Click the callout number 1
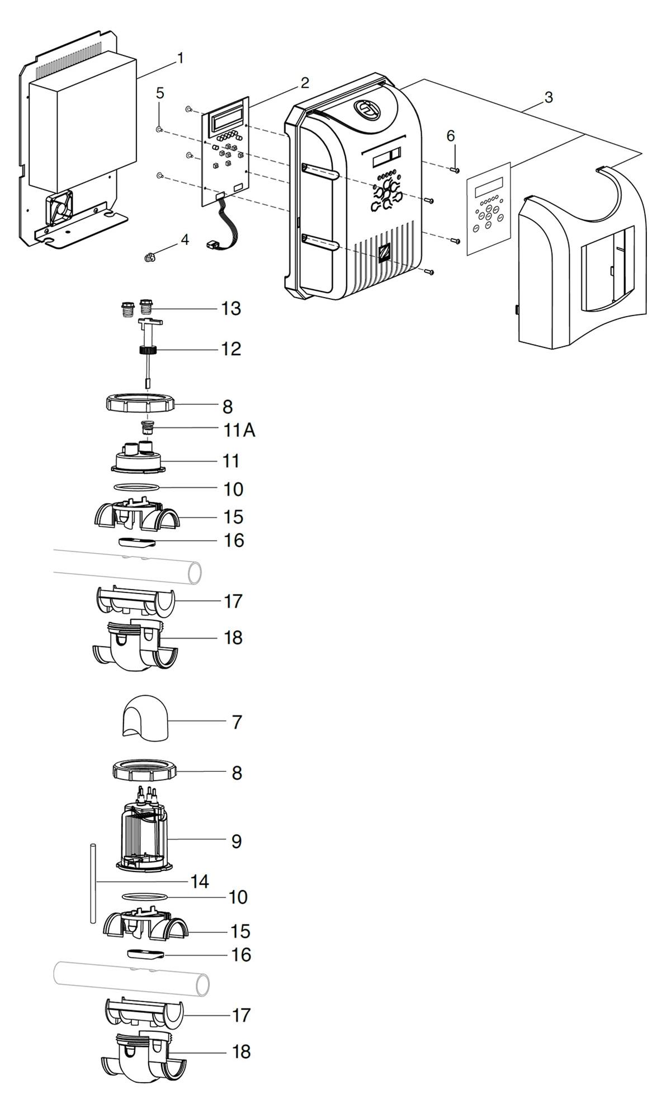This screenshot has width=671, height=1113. point(180,58)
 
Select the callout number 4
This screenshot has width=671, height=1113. point(185,240)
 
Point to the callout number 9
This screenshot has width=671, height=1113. point(237,841)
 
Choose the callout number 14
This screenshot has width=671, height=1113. point(200,882)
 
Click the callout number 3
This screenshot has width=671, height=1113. point(549,97)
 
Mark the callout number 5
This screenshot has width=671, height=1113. point(160,93)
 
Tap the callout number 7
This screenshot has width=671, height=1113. point(237,722)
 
